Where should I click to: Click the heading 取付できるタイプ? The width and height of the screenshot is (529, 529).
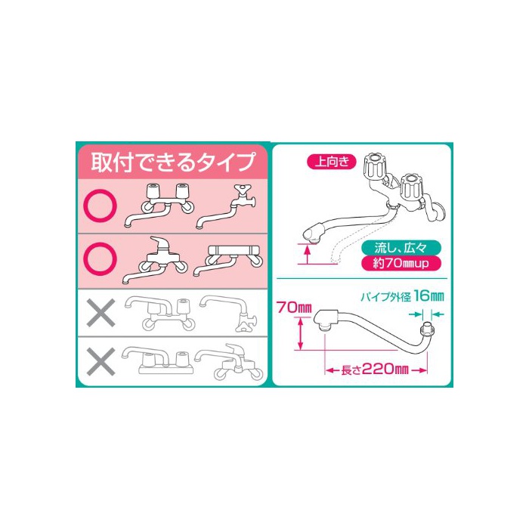[x=172, y=162]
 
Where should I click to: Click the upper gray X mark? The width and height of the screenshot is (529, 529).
[x=101, y=312]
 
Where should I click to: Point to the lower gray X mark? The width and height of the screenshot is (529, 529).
[x=101, y=362]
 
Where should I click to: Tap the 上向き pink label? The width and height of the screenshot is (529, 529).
[x=332, y=162]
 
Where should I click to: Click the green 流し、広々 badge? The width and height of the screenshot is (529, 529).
[x=401, y=248]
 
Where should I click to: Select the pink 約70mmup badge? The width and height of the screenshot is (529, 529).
[x=401, y=263]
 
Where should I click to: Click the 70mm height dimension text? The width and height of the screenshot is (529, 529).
[x=294, y=308]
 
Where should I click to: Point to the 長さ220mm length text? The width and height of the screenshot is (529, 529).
[x=375, y=369]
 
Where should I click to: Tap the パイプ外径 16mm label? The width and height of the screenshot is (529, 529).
[x=402, y=296]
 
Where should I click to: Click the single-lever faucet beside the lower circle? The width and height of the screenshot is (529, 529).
[x=155, y=260]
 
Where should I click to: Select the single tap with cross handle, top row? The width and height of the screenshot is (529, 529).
[x=226, y=206]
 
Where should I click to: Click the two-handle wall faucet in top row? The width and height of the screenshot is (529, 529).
[x=159, y=205]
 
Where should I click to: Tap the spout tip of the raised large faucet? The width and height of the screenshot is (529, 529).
[x=313, y=234]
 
